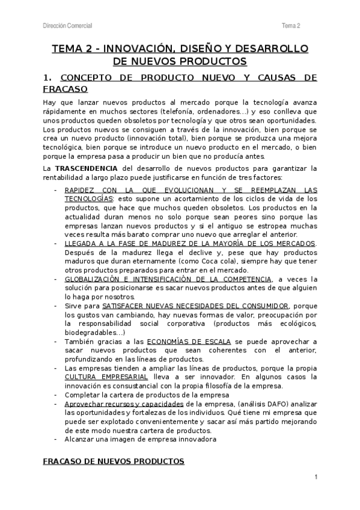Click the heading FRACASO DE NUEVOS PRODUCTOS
[x=114, y=461]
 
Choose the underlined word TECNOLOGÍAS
[x=88, y=198]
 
